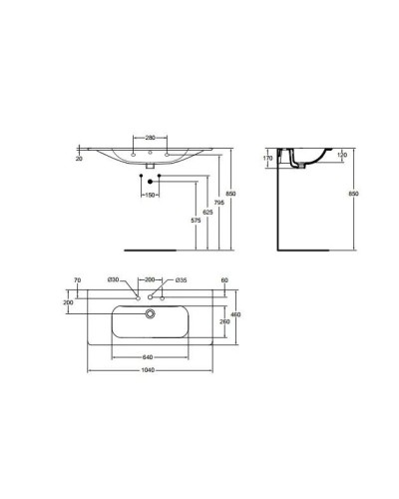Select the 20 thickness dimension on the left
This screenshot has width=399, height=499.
[x=79, y=158]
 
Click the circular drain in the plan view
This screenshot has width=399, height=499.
[x=150, y=313]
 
